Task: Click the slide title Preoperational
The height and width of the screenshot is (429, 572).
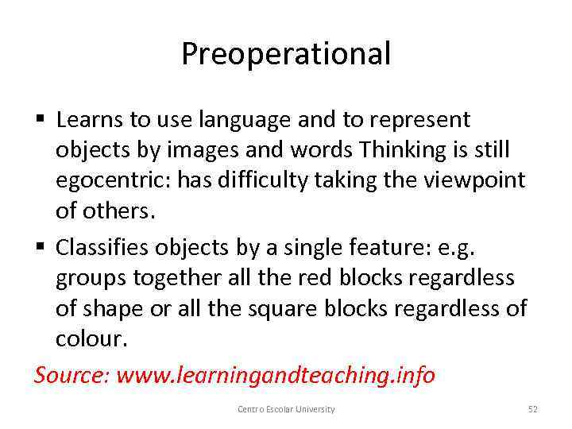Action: click(x=286, y=54)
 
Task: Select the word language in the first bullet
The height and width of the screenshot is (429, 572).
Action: click(x=238, y=120)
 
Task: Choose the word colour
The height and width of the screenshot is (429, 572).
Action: click(x=90, y=339)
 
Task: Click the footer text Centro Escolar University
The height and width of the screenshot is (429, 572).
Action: click(x=286, y=409)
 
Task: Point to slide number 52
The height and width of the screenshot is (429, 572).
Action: click(x=533, y=409)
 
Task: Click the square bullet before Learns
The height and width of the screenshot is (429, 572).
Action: click(x=41, y=121)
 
